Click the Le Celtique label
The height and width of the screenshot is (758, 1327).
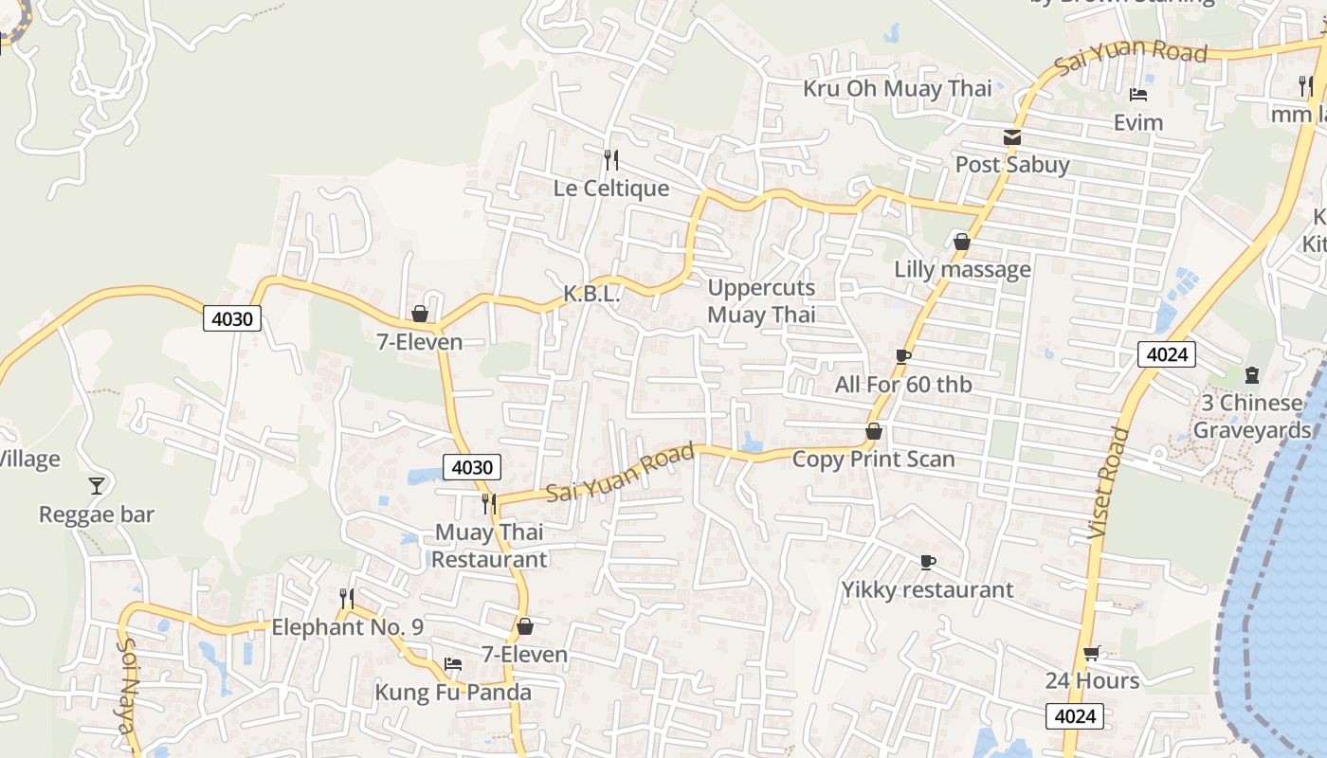pyautogui.click(x=611, y=189)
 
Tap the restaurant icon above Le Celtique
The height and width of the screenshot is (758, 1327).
pyautogui.click(x=611, y=159)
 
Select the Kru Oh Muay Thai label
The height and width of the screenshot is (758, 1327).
pyautogui.click(x=897, y=89)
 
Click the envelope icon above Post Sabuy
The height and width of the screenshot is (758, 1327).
pyautogui.click(x=1012, y=137)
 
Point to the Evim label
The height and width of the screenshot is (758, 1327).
pyautogui.click(x=1137, y=122)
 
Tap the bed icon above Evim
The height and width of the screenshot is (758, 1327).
pyautogui.click(x=1138, y=95)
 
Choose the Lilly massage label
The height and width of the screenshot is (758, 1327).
pyautogui.click(x=962, y=269)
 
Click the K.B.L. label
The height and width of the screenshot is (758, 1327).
pyautogui.click(x=591, y=295)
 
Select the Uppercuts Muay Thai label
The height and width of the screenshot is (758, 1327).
pyautogui.click(x=761, y=301)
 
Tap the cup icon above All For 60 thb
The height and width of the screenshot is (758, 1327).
pyautogui.click(x=902, y=357)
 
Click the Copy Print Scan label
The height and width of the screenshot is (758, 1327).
pyautogui.click(x=873, y=460)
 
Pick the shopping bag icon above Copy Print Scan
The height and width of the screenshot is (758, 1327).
pyautogui.click(x=874, y=432)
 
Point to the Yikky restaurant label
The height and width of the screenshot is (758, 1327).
pyautogui.click(x=927, y=590)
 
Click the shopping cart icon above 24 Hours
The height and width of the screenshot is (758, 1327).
pyautogui.click(x=1092, y=653)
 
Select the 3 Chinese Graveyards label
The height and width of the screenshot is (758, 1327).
pyautogui.click(x=1251, y=417)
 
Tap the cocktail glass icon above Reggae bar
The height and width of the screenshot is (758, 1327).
pyautogui.click(x=96, y=486)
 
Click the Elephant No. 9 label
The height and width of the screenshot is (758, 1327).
pyautogui.click(x=347, y=627)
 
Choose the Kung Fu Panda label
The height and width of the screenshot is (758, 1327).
pyautogui.click(x=453, y=693)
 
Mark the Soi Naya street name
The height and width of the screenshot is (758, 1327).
pyautogui.click(x=127, y=684)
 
